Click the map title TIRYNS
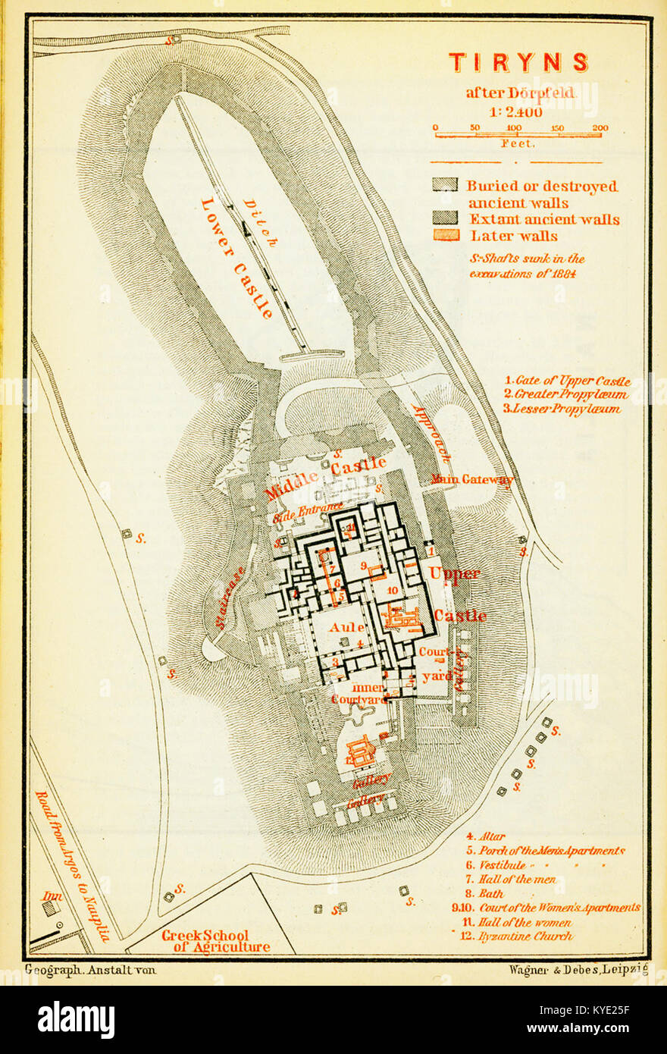tap(518, 62)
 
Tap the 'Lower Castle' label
tap(236, 257)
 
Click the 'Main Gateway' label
tap(471, 478)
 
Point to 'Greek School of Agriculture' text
tap(215, 941)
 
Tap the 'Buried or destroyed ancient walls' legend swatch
tap(446, 185)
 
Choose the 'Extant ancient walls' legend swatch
tap(446, 218)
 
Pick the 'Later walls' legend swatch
tap(446, 235)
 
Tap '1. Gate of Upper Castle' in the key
tap(567, 381)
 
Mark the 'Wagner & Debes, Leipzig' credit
tap(573, 970)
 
